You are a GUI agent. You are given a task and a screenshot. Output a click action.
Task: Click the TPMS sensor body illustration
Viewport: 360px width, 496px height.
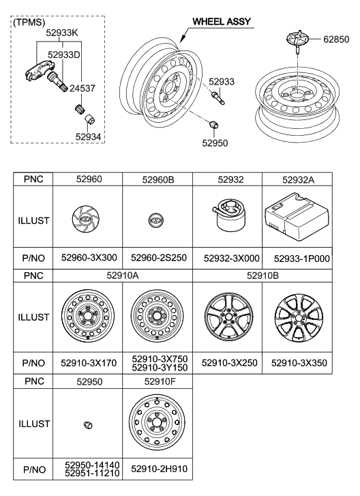(x=37, y=77)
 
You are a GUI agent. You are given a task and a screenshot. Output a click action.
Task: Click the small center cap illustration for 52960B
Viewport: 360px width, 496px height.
(x=157, y=222)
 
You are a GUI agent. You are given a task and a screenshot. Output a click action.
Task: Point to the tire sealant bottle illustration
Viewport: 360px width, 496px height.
(x=226, y=220)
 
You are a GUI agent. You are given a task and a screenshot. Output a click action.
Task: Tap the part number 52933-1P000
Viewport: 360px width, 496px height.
(x=297, y=259)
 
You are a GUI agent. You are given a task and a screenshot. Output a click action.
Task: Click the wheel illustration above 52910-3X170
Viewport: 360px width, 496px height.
(x=87, y=317)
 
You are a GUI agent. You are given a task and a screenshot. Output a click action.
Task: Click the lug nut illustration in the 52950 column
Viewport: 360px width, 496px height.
(x=87, y=425)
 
